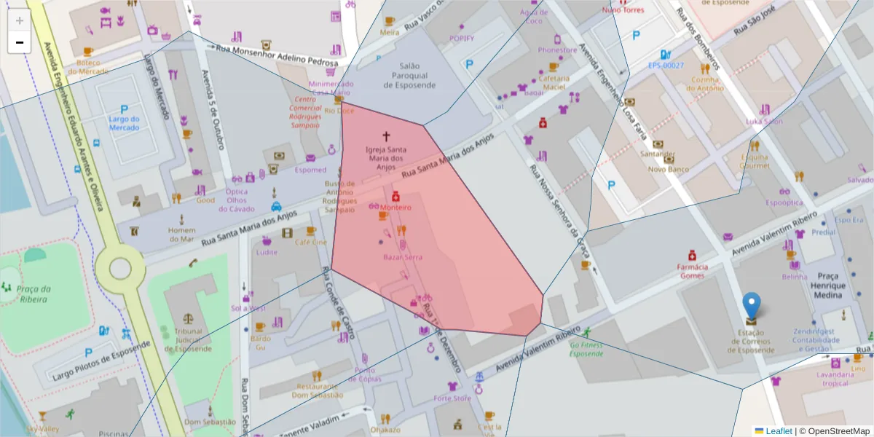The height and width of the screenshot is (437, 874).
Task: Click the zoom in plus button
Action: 20,20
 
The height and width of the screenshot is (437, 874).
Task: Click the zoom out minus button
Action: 20,42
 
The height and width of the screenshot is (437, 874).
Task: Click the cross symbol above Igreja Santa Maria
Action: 386,136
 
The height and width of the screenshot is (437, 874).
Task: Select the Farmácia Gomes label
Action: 692,270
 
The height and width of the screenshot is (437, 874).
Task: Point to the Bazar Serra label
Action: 403,257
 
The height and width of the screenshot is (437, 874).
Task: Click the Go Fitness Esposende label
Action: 586,350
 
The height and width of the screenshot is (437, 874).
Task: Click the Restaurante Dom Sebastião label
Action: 318,390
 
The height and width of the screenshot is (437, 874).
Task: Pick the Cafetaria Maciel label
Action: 554,82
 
